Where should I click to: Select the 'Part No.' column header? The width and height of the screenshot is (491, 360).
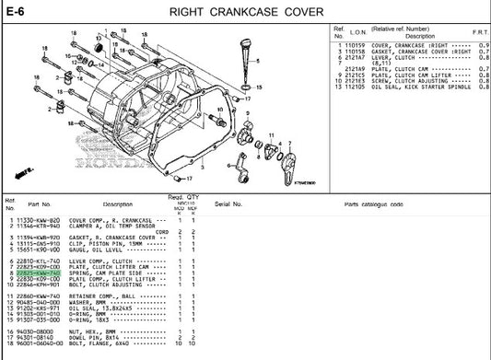(x=39, y=203)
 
